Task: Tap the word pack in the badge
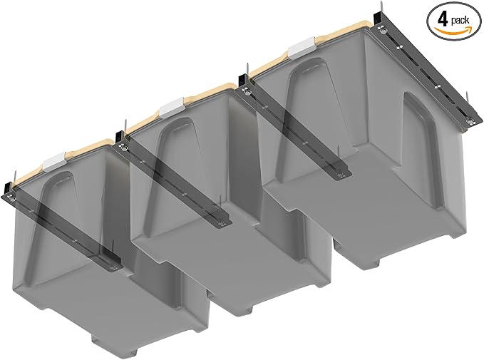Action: pos(460,21)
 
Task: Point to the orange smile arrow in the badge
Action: pos(453,30)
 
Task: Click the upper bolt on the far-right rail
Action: pos(383,31)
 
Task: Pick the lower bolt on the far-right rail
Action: pos(470,121)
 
